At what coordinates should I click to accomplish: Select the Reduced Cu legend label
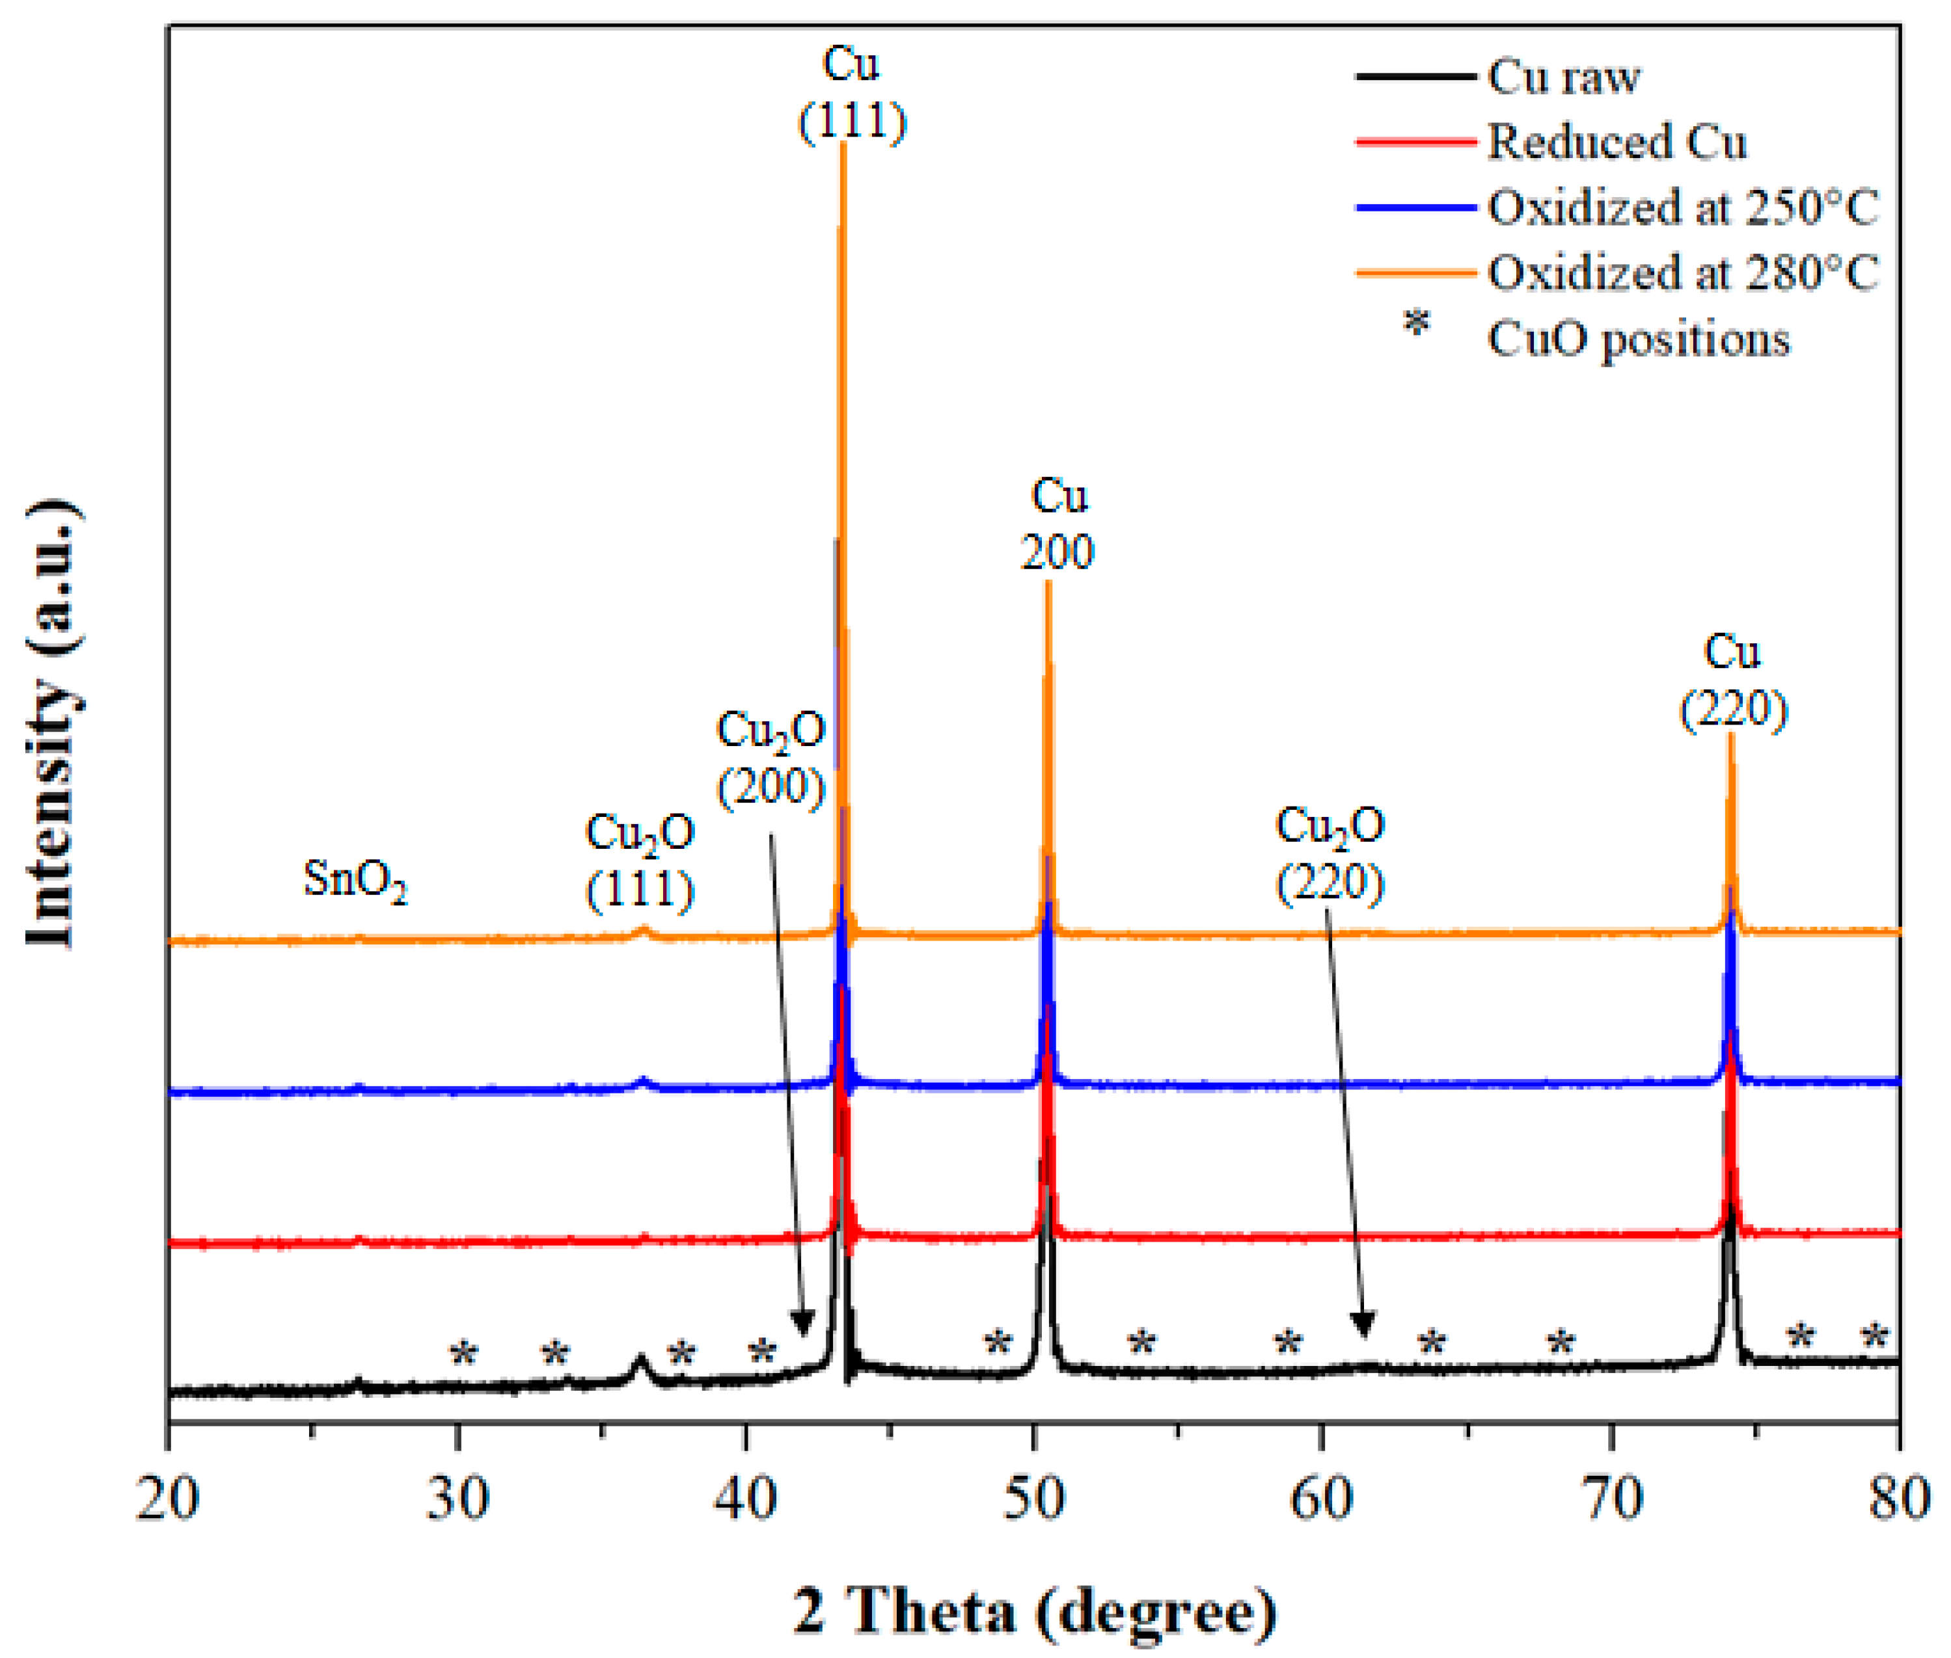click(x=1615, y=142)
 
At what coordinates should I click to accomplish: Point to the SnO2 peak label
click(x=355, y=880)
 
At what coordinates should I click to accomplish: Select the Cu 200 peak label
click(x=1057, y=524)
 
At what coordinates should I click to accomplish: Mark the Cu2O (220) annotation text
click(x=1329, y=853)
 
